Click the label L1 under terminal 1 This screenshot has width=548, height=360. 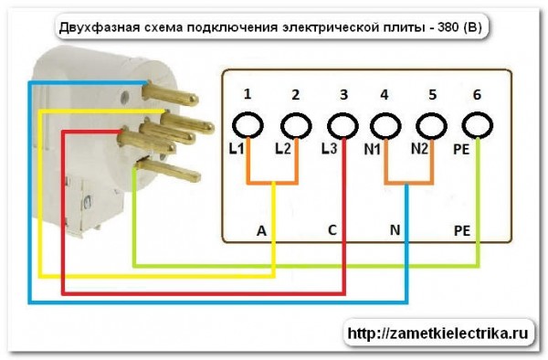pos(237,149)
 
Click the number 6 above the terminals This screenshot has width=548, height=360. pos(475,94)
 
